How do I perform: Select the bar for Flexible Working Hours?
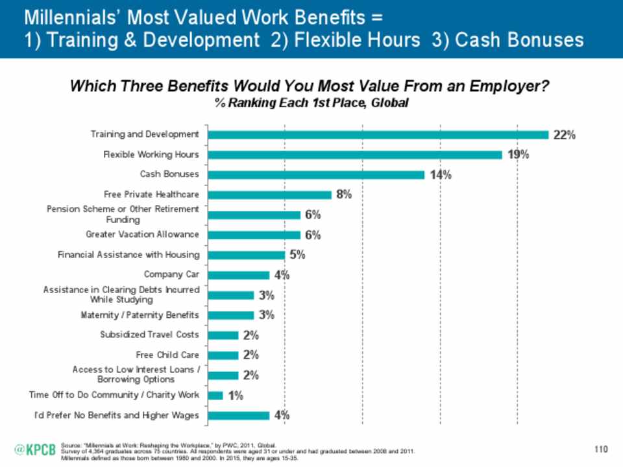click(x=354, y=154)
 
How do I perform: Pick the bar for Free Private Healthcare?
click(x=269, y=195)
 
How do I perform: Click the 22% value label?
click(x=564, y=135)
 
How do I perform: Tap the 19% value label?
click(x=518, y=155)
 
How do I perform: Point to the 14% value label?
click(x=439, y=175)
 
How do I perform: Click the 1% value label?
click(x=235, y=396)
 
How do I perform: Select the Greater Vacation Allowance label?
click(x=142, y=234)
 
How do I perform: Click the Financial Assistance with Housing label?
click(x=128, y=254)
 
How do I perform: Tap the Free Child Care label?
click(x=167, y=355)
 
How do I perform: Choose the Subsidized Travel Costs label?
click(x=149, y=335)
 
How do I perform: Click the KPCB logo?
click(x=36, y=449)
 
